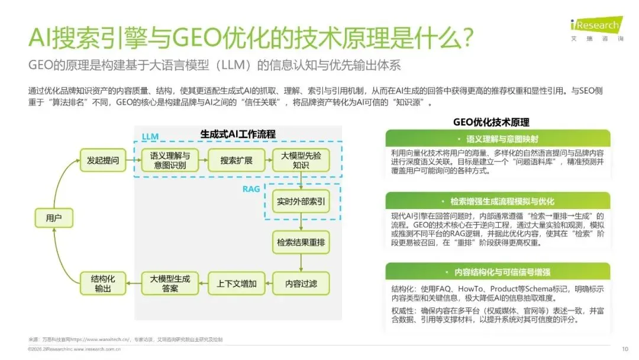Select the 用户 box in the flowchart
(x=54, y=218)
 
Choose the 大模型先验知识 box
(x=300, y=160)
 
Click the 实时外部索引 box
(x=301, y=201)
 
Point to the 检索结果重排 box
(x=301, y=242)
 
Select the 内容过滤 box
(x=301, y=284)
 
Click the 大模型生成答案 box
(x=170, y=284)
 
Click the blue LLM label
(x=150, y=137)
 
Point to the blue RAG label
(x=251, y=189)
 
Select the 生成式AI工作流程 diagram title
(x=238, y=134)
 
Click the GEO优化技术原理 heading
(x=491, y=122)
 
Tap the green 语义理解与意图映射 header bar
(x=502, y=139)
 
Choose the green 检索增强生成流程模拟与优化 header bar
(x=502, y=201)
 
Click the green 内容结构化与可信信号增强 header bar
(x=502, y=272)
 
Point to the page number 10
(x=625, y=348)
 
